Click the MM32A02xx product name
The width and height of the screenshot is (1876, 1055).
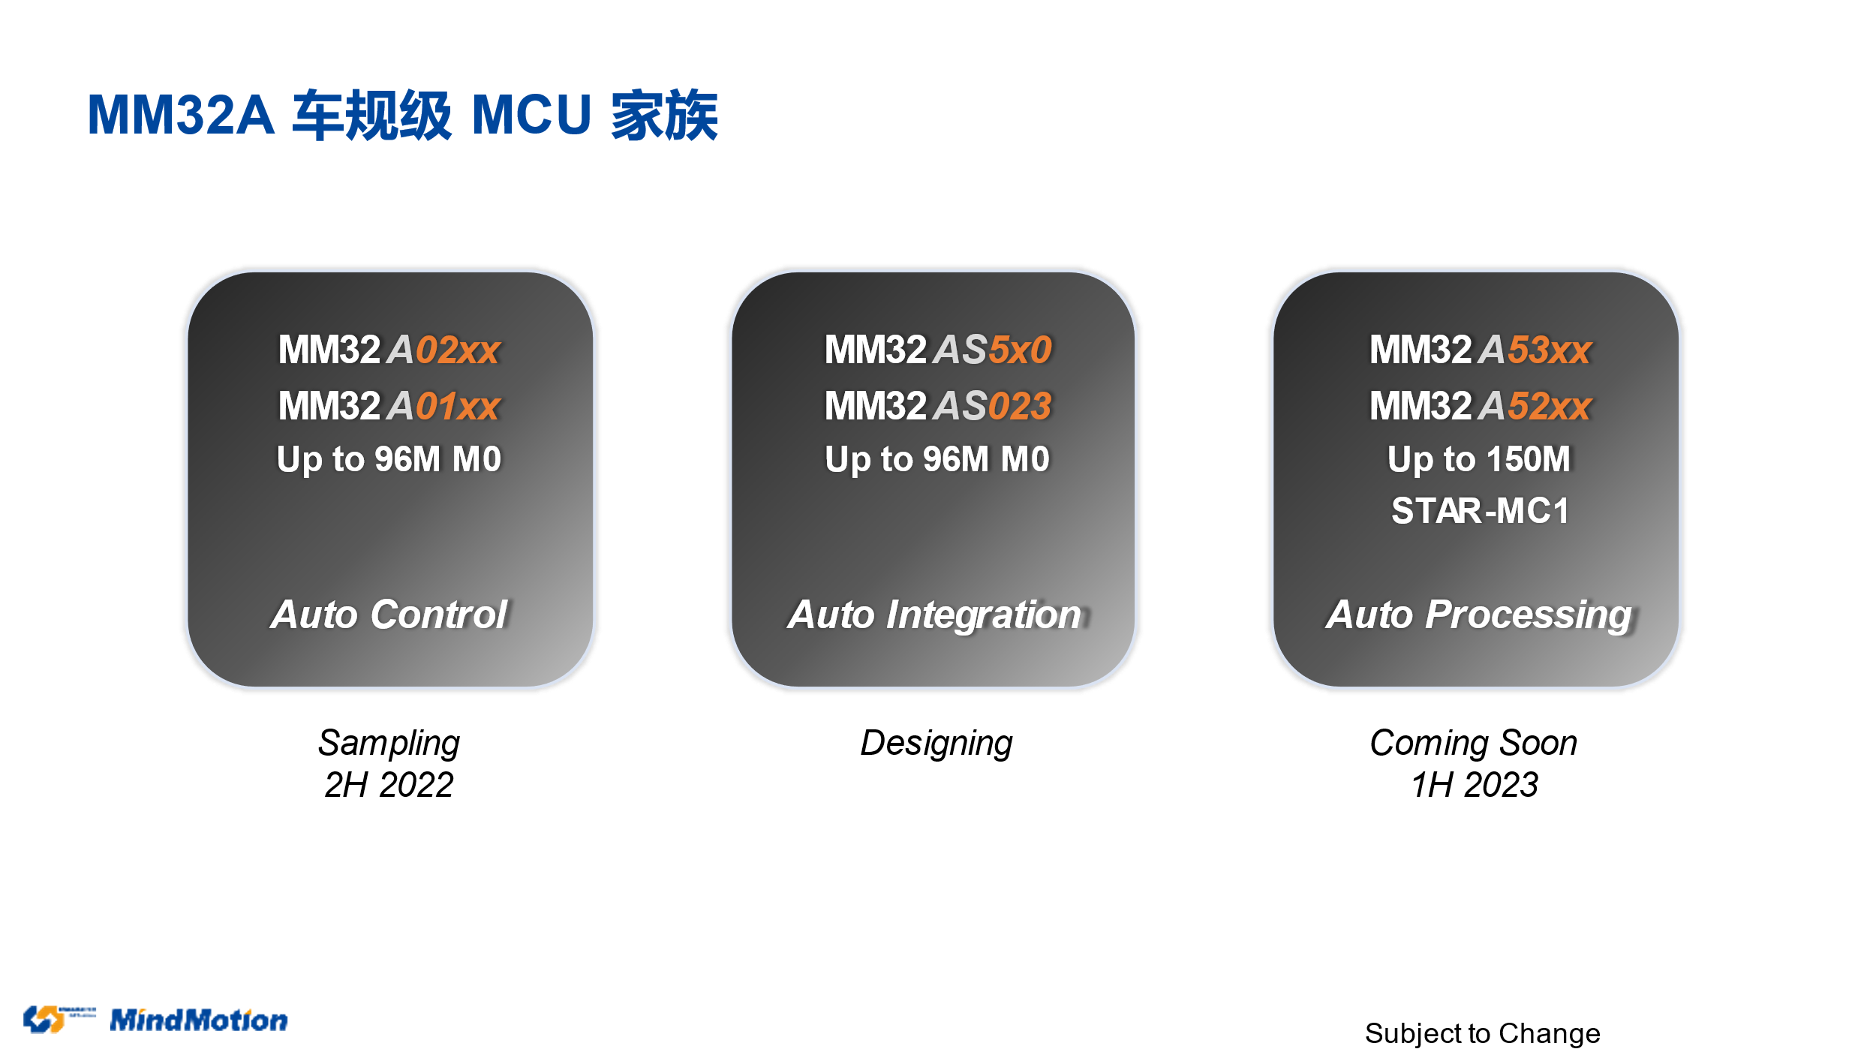pyautogui.click(x=389, y=350)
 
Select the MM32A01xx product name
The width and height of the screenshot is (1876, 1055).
pyautogui.click(x=389, y=406)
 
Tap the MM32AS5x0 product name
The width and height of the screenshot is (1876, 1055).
pyautogui.click(x=938, y=350)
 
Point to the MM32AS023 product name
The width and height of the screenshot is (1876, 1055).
pyautogui.click(x=938, y=406)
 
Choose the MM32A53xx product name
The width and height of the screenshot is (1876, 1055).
pyautogui.click(x=1480, y=350)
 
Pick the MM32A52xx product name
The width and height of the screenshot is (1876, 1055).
pyautogui.click(x=1480, y=406)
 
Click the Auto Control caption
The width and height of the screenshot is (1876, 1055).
pyautogui.click(x=389, y=615)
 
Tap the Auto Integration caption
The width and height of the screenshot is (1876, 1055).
pyautogui.click(x=936, y=615)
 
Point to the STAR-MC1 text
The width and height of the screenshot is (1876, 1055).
pyautogui.click(x=1480, y=511)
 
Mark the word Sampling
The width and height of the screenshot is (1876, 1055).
pyautogui.click(x=389, y=744)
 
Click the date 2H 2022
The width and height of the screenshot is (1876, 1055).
pyautogui.click(x=389, y=785)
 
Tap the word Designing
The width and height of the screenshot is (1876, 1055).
pyautogui.click(x=936, y=744)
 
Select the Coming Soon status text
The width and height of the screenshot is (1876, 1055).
pyautogui.click(x=1474, y=743)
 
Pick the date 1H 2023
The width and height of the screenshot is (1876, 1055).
pyautogui.click(x=1475, y=785)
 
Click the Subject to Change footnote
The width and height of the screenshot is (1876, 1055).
pyautogui.click(x=1482, y=1034)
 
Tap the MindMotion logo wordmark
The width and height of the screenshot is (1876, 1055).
pyautogui.click(x=199, y=1020)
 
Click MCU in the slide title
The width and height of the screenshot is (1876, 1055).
pyautogui.click(x=532, y=115)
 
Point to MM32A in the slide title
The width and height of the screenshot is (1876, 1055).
pyautogui.click(x=181, y=115)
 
